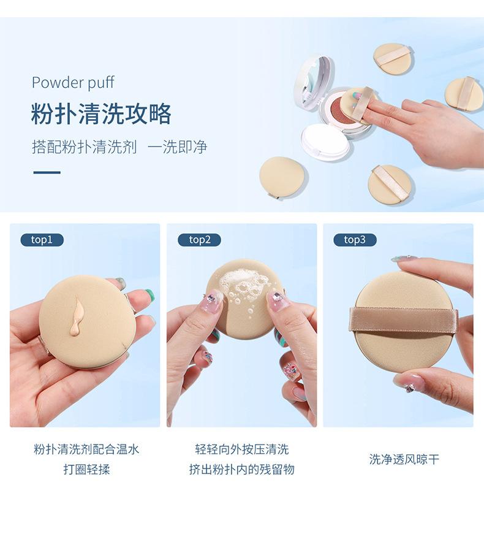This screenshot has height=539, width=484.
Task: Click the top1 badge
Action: tap(42, 240)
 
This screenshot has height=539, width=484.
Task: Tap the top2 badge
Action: tap(199, 240)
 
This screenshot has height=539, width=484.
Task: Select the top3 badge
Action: tap(355, 240)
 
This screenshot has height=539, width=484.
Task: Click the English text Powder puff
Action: tap(73, 83)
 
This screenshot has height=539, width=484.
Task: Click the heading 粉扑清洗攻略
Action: tap(101, 114)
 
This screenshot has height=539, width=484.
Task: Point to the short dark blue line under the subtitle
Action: tap(47, 172)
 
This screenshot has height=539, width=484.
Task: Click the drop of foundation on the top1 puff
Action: tap(75, 316)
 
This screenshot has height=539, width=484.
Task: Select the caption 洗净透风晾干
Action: tap(404, 459)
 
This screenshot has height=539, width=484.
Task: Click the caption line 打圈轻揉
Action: tap(86, 469)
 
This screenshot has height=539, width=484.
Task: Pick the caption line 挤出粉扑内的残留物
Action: tap(242, 469)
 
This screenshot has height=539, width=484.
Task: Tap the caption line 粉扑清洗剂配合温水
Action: tap(86, 449)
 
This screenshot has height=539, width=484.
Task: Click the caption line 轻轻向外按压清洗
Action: tap(242, 449)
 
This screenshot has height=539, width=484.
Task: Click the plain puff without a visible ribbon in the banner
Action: tap(284, 177)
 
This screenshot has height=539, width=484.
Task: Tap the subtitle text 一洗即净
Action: tap(177, 147)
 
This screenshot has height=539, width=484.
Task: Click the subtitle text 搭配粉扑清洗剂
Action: tap(85, 147)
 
